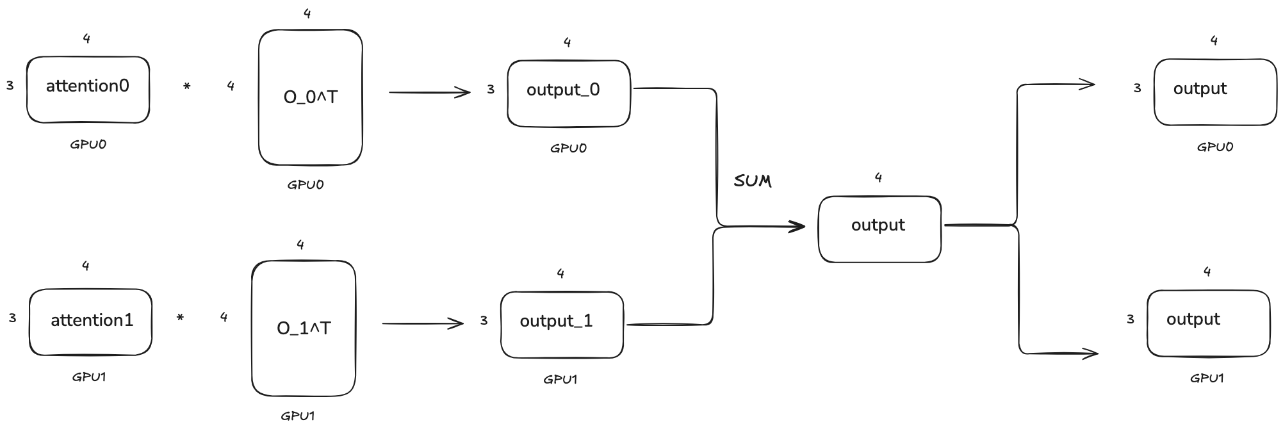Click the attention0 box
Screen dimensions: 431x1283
click(x=88, y=90)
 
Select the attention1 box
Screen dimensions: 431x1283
click(x=90, y=322)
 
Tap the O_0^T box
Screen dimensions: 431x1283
click(x=310, y=97)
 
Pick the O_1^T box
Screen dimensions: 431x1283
click(x=304, y=329)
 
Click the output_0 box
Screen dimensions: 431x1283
click(x=568, y=94)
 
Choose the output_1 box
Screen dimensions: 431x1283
click(x=562, y=325)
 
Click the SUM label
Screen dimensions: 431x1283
click(x=753, y=181)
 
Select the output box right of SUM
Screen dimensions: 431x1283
click(x=879, y=229)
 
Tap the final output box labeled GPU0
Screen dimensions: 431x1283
click(x=1214, y=92)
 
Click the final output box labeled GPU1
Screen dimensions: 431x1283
click(x=1208, y=323)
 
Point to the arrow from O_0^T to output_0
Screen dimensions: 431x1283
click(x=429, y=93)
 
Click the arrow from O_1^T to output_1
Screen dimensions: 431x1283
click(x=423, y=324)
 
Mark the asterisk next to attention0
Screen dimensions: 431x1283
click(x=186, y=86)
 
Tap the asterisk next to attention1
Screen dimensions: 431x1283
click(x=180, y=318)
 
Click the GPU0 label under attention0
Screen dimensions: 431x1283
click(x=88, y=145)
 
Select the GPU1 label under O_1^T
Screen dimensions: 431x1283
click(x=298, y=416)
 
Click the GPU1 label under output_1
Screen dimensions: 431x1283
click(x=560, y=380)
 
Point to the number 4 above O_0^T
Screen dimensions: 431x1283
click(x=307, y=13)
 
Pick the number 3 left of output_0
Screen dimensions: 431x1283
click(x=491, y=90)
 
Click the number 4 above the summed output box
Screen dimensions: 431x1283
click(x=878, y=178)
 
